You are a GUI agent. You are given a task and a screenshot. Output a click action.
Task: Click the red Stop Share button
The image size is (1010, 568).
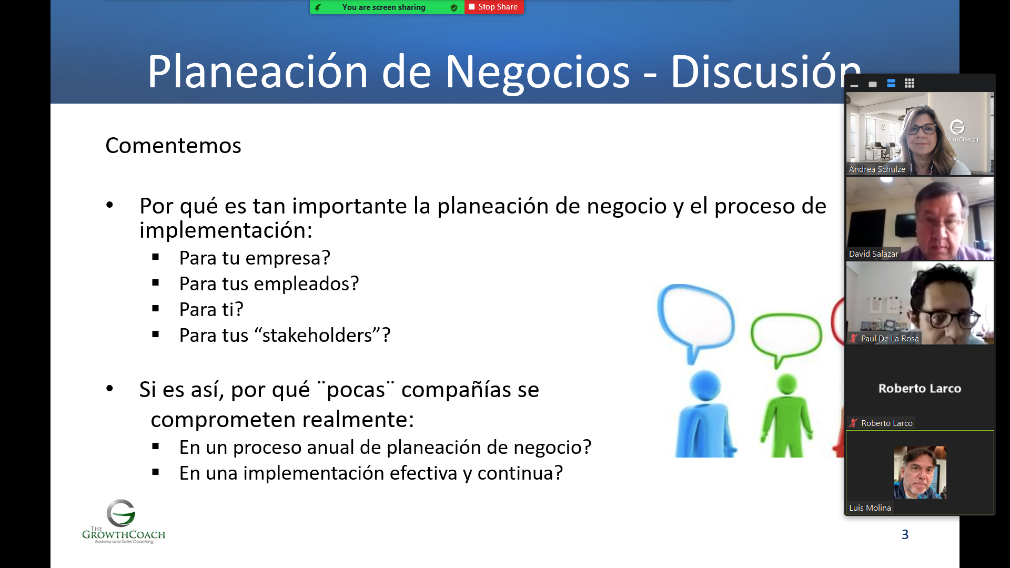click(x=494, y=7)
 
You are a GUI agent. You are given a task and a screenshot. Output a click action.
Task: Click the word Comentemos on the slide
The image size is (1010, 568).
click(x=173, y=146)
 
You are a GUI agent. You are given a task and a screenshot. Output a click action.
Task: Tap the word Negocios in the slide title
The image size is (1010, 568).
click(x=537, y=72)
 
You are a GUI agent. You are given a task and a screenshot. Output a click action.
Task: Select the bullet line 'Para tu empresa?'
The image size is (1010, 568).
click(x=255, y=258)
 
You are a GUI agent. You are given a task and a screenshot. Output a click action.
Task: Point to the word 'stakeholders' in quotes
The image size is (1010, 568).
click(x=321, y=335)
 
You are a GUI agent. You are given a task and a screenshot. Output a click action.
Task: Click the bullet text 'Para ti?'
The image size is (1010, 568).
click(x=211, y=309)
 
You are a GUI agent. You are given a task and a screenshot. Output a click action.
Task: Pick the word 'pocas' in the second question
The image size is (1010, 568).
click(x=356, y=390)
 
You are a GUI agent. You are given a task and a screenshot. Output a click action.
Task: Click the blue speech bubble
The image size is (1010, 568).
click(x=695, y=321)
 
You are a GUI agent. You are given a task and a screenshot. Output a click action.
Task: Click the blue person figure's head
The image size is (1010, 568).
click(x=705, y=386)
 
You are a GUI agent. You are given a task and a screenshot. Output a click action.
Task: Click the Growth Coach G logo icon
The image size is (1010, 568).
click(x=121, y=513)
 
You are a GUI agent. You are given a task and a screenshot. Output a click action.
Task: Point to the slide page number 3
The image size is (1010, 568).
click(x=905, y=534)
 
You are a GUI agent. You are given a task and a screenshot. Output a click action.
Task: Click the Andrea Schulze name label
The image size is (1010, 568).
click(x=877, y=169)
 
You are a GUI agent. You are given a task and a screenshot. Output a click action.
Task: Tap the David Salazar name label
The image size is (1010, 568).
click(x=873, y=254)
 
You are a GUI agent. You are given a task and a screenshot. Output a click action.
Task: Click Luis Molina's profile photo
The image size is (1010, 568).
click(x=920, y=472)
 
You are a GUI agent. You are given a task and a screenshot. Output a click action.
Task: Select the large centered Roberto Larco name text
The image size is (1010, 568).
click(x=920, y=389)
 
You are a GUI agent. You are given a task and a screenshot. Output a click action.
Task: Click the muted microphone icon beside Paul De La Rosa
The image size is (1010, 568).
click(x=853, y=339)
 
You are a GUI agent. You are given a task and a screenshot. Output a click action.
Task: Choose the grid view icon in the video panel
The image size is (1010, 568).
click(x=910, y=83)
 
